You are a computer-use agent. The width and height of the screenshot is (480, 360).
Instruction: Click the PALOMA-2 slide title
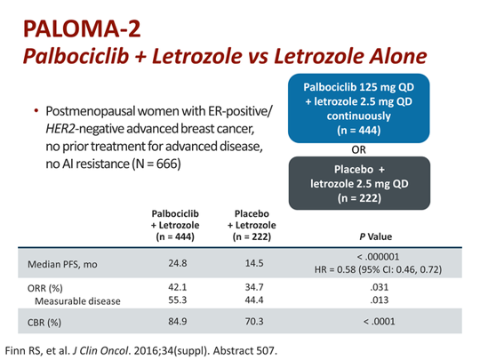pos(72,29)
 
